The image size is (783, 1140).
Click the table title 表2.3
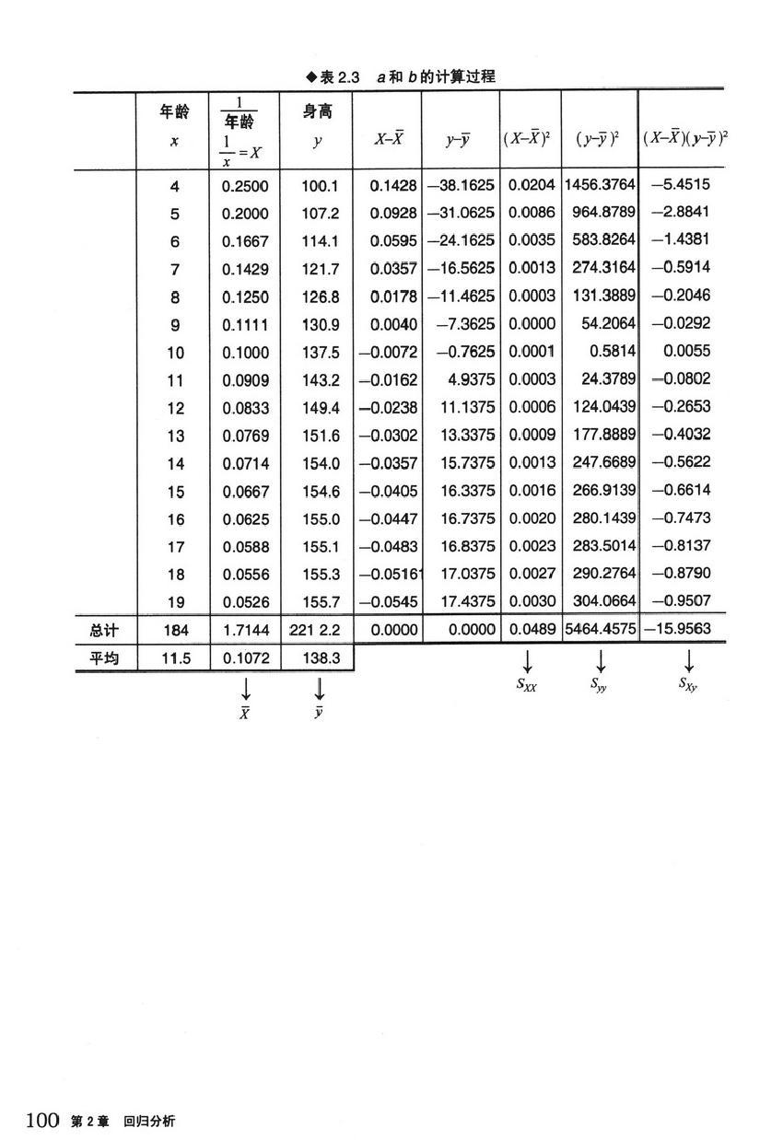pos(338,76)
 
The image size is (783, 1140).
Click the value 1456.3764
pos(599,185)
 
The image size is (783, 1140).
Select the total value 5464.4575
pos(599,631)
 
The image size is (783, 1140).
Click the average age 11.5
pos(174,658)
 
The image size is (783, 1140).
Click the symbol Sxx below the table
pos(527,683)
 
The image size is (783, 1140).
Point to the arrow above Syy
pos(600,661)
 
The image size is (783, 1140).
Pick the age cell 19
pos(175,602)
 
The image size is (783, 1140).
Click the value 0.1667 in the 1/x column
pos(245,241)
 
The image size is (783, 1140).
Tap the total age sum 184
pos(174,631)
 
